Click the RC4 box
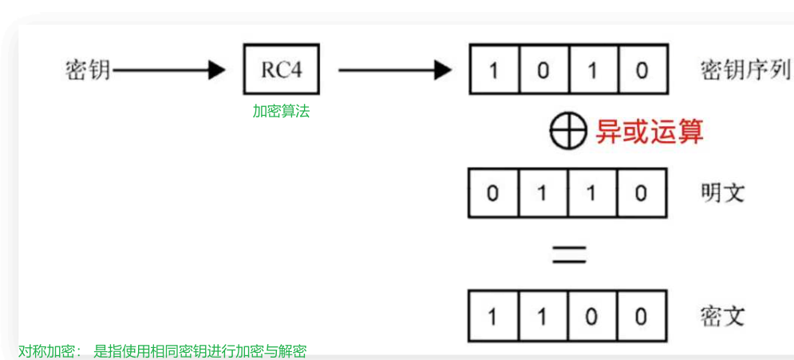[282, 69]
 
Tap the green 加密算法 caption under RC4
[281, 112]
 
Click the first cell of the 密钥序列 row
[494, 70]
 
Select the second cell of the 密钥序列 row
[543, 70]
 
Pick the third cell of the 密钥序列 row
[592, 70]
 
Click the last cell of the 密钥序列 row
[642, 70]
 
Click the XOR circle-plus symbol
[568, 131]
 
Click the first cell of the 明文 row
[494, 193]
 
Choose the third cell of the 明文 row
[592, 193]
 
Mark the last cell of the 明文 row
[642, 193]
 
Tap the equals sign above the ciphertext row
[568, 254]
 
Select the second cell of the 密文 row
[543, 316]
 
